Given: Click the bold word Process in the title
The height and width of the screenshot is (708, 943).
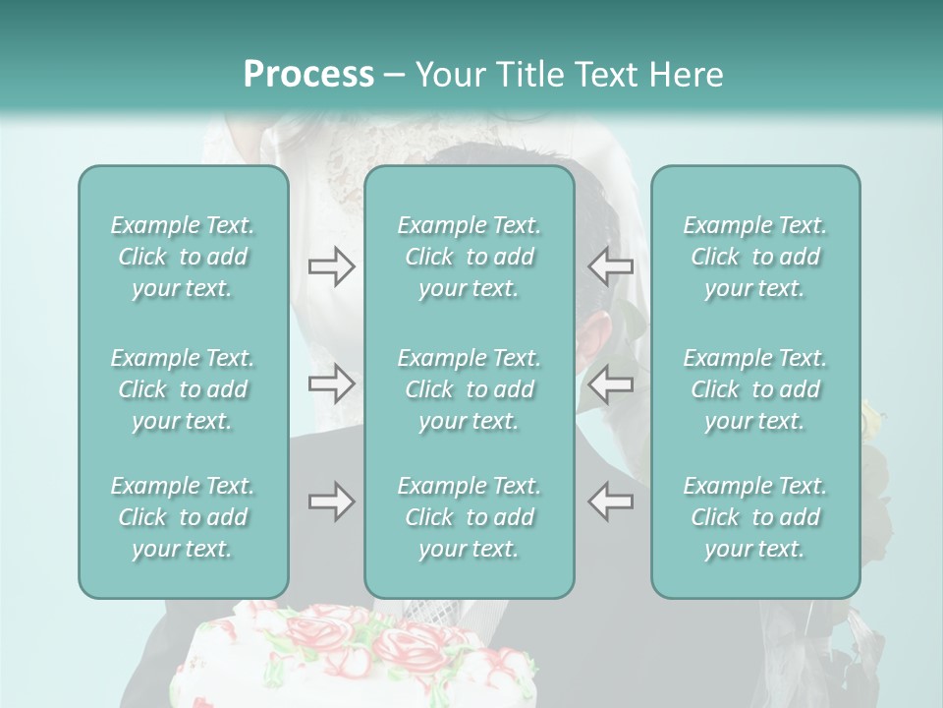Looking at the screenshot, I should pyautogui.click(x=308, y=75).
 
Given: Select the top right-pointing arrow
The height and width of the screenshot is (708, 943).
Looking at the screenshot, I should pyautogui.click(x=332, y=266).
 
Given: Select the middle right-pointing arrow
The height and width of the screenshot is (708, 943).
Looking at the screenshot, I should pyautogui.click(x=332, y=383).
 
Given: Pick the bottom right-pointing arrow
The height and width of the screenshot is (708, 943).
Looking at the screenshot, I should pyautogui.click(x=332, y=501).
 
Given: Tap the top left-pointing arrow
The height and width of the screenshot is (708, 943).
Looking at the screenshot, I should pyautogui.click(x=610, y=266).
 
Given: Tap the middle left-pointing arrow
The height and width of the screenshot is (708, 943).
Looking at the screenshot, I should pyautogui.click(x=610, y=383).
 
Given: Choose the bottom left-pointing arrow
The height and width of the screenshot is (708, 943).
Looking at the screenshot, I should pyautogui.click(x=610, y=501).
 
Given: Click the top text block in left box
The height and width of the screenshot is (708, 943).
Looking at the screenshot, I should pyautogui.click(x=183, y=257).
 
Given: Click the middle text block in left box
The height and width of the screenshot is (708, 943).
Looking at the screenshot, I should pyautogui.click(x=183, y=389).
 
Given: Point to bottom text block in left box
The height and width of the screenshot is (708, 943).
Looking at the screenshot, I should pyautogui.click(x=183, y=517).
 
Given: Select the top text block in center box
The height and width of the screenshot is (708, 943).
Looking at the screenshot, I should pyautogui.click(x=469, y=257).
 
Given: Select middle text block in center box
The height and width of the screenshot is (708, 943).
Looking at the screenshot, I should pyautogui.click(x=469, y=389).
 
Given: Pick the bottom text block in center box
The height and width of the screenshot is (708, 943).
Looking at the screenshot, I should pyautogui.click(x=469, y=517).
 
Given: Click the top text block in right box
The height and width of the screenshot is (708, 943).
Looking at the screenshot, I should pyautogui.click(x=754, y=257).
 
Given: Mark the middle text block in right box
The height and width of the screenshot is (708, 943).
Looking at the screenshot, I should pyautogui.click(x=754, y=389).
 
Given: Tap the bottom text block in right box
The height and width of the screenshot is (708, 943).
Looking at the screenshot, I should pyautogui.click(x=754, y=517).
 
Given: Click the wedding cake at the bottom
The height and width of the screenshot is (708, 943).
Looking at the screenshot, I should pyautogui.click(x=354, y=659).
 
